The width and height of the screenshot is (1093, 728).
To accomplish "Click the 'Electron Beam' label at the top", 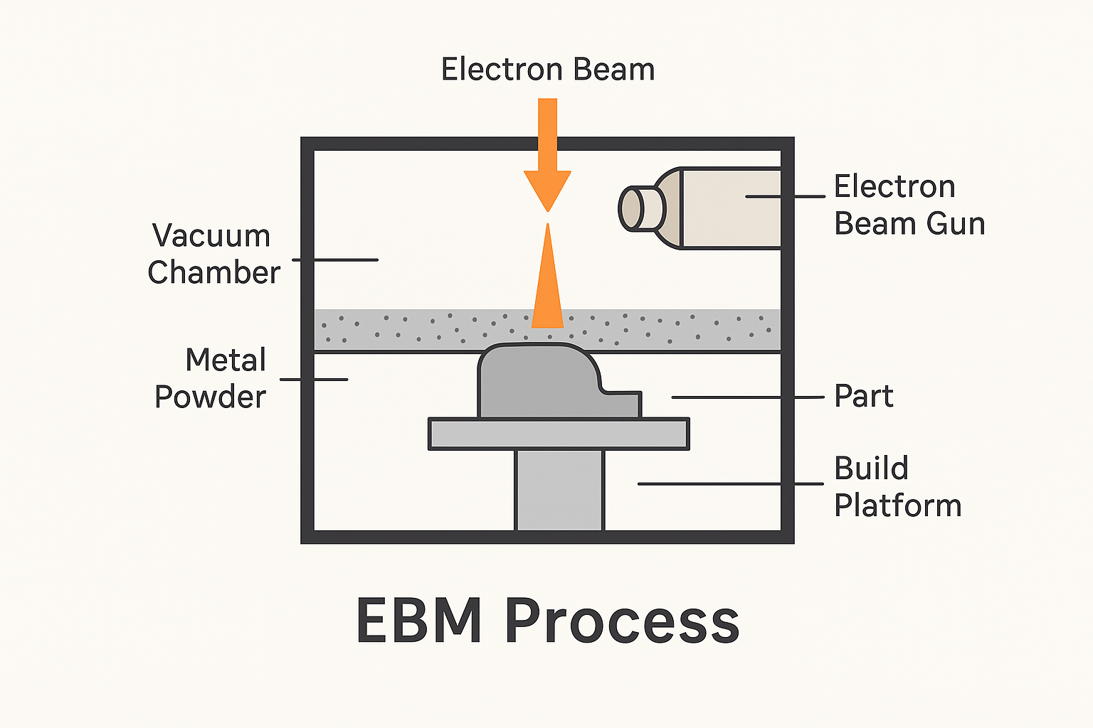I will [x=547, y=70].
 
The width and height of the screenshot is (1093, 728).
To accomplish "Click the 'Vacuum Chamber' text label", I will [x=213, y=254].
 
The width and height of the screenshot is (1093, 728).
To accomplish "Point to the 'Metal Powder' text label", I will [x=211, y=378].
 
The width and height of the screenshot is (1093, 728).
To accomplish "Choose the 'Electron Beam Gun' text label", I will [x=909, y=205].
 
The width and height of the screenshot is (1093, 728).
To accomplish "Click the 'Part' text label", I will [x=863, y=396].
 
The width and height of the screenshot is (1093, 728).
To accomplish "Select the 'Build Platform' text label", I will [x=897, y=487].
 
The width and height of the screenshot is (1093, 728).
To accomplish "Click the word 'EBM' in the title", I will [x=418, y=621].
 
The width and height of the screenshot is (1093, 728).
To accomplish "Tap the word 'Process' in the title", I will [x=622, y=621].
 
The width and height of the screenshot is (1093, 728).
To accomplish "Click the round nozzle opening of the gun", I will [x=631, y=209].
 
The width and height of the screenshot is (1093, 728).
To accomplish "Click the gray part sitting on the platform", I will [x=537, y=384].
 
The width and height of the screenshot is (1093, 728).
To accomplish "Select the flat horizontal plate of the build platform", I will [x=559, y=434].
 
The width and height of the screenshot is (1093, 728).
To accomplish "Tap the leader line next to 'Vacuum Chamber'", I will [x=335, y=259].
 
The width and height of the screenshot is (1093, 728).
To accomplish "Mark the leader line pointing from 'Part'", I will [x=747, y=397].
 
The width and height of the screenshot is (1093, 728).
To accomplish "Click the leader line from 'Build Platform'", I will [x=730, y=483].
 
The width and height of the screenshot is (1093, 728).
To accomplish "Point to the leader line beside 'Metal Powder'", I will [x=314, y=379].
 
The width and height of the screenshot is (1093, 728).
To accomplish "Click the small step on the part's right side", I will [x=623, y=403].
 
